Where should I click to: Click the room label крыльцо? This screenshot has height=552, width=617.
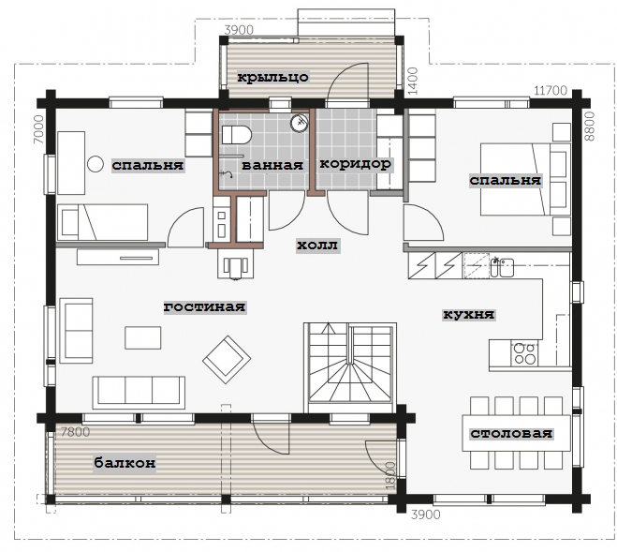272,77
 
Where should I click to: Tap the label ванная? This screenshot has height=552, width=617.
272,165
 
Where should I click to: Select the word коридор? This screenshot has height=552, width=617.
355,163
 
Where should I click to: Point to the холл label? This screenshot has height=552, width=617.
317,245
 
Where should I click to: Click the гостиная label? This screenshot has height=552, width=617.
205,306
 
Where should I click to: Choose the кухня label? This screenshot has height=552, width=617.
469,314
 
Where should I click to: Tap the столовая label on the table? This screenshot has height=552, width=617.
511,433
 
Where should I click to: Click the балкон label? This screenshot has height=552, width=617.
125,462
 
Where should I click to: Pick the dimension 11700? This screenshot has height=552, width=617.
551,91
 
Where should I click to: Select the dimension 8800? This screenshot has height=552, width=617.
590,127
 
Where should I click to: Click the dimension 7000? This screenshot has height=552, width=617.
39,128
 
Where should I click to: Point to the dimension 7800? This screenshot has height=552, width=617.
76,432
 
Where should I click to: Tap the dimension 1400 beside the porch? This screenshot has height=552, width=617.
412,81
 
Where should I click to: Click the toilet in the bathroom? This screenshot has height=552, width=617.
237,135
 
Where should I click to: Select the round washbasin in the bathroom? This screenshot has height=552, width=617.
299,123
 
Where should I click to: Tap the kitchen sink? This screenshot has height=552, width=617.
502,267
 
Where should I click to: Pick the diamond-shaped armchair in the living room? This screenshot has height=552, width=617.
227,359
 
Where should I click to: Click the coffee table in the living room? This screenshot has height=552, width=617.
143,337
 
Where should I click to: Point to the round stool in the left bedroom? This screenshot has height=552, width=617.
95,164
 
